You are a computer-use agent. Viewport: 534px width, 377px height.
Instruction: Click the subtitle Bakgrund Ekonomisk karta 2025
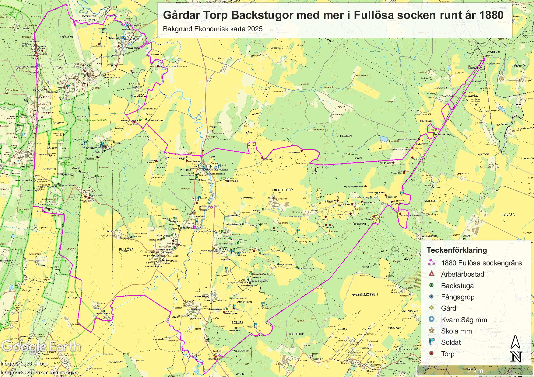[x=213, y=29]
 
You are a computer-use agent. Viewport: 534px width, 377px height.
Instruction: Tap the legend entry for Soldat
[x=451, y=342]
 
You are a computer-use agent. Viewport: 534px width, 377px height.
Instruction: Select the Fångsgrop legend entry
[x=457, y=297]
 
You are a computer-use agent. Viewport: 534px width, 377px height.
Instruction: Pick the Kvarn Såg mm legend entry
[x=464, y=320]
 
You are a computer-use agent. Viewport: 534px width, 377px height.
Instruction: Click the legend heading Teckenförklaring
[x=456, y=250]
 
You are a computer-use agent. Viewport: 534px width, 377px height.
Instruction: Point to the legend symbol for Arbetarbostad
[x=431, y=274]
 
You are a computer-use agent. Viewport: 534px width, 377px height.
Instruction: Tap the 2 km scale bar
[x=475, y=371]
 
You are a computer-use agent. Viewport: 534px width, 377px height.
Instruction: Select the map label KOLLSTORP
[x=283, y=190]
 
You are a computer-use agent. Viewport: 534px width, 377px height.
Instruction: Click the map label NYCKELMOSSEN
[x=364, y=295]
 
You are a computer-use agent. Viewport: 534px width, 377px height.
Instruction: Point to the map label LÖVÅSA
[x=508, y=215]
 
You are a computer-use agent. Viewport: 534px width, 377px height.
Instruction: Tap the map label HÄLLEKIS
[x=68, y=37]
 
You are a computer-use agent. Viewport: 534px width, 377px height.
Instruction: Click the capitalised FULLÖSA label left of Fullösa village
[x=126, y=249]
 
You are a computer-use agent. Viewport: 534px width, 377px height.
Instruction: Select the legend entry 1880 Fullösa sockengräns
[x=481, y=263]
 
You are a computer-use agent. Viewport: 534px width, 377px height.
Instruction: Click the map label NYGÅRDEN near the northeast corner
[x=493, y=52]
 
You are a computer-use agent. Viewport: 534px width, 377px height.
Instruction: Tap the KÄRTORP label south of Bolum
[x=296, y=334]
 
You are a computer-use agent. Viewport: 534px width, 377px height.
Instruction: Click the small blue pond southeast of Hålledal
[x=383, y=139]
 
